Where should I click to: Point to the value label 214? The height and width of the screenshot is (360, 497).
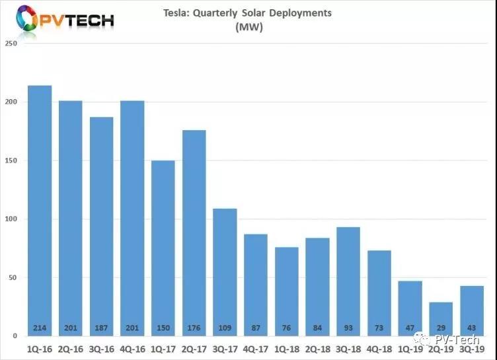coord(40,328)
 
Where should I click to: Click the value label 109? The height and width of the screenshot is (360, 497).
coord(225,328)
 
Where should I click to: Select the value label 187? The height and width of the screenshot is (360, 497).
coord(101,328)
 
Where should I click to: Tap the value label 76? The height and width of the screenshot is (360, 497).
coord(286,328)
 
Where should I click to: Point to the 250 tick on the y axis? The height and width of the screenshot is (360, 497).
coord(11,44)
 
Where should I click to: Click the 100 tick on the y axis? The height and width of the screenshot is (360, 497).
coord(11,219)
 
